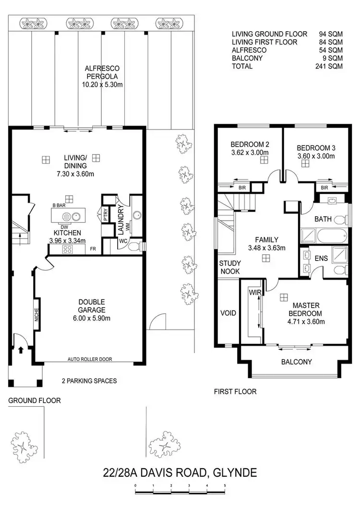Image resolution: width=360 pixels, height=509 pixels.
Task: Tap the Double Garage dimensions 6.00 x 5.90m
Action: point(91,318)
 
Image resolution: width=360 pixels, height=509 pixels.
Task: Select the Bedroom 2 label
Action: point(249,144)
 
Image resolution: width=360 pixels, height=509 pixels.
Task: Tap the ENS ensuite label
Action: point(321,258)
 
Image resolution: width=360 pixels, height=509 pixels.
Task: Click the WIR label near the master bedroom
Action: point(254,292)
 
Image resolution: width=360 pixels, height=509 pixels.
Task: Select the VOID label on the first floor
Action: point(228,313)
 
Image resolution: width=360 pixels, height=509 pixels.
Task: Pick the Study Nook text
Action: point(230,268)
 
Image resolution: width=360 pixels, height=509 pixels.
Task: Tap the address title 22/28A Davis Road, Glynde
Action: point(180,473)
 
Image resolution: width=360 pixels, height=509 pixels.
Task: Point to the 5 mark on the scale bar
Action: point(225,486)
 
